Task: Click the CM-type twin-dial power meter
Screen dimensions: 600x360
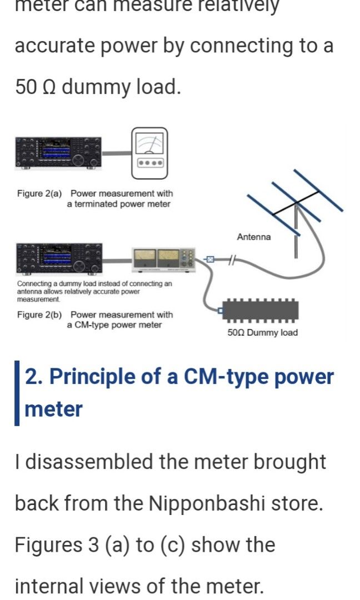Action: point(164,258)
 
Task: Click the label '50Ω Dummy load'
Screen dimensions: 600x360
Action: point(262,333)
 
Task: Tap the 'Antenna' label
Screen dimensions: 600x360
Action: point(254,237)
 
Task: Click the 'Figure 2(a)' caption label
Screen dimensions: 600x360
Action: point(39,194)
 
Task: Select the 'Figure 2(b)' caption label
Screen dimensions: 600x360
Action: point(39,315)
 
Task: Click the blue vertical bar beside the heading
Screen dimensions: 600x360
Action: point(17,393)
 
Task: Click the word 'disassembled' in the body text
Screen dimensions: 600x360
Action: point(83,462)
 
